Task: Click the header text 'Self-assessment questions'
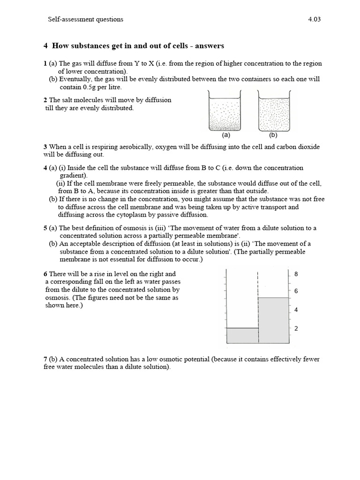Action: click(x=85, y=19)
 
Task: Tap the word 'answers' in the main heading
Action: click(x=210, y=45)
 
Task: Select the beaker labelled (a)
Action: click(x=224, y=112)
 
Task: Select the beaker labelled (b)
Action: click(x=274, y=112)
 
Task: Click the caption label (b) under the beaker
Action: click(x=274, y=135)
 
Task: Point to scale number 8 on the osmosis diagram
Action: click(x=296, y=274)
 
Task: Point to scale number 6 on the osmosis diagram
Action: click(x=296, y=291)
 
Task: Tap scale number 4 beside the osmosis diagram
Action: click(x=296, y=310)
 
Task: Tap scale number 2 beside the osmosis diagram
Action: click(x=296, y=329)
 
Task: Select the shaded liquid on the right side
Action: click(x=274, y=321)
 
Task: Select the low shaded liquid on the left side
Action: click(x=242, y=336)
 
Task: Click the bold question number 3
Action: click(x=45, y=147)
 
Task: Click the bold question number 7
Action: click(x=45, y=359)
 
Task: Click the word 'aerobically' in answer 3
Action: click(x=124, y=147)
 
